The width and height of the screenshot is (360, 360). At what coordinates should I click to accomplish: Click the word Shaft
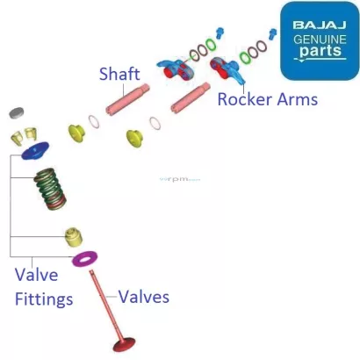(119, 74)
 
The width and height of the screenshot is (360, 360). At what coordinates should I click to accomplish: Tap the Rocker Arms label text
(267, 98)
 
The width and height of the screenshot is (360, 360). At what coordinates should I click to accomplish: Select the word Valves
(143, 296)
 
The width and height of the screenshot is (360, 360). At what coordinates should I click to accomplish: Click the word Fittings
(43, 299)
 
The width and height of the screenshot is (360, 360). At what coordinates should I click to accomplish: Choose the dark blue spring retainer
(34, 155)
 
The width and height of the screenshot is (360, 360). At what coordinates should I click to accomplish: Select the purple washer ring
(85, 259)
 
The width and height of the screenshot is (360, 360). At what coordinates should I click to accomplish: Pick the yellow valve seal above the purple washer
(73, 235)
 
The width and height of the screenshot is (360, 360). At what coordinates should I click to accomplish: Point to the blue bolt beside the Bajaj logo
(272, 35)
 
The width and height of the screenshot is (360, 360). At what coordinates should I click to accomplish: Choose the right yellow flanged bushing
(134, 137)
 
